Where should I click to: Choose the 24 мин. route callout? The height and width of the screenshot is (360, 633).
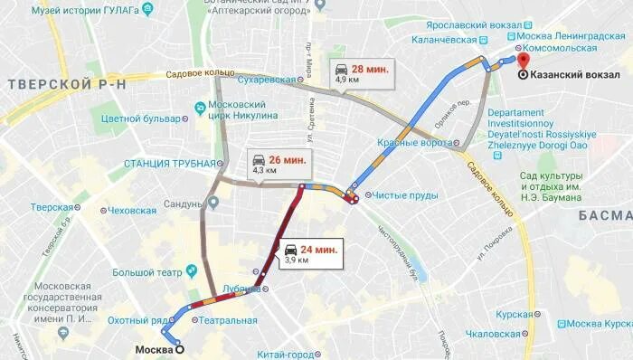pos(311,252)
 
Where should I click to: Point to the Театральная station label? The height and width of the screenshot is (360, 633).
pos(228,320)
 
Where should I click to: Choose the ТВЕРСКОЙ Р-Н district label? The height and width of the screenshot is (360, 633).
pos(62,84)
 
